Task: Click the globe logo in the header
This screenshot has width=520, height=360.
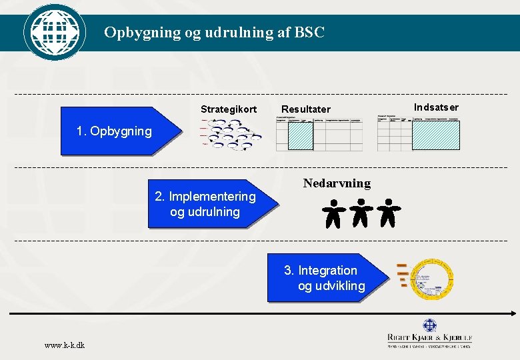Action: click(54, 31)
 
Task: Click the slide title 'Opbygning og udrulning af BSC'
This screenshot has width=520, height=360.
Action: click(214, 32)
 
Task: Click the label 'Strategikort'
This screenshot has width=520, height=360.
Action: click(228, 109)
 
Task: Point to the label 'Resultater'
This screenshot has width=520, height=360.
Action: click(305, 109)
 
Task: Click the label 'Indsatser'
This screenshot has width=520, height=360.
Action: click(436, 107)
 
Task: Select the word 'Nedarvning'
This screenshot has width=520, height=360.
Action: click(337, 183)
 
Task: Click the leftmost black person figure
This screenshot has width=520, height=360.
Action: click(333, 213)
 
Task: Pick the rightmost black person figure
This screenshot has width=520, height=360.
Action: click(387, 213)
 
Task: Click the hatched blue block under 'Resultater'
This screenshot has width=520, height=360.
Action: click(300, 136)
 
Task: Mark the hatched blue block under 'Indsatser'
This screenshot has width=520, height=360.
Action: click(436, 135)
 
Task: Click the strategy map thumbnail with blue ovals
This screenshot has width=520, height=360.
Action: click(231, 134)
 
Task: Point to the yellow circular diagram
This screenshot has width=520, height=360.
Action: click(431, 279)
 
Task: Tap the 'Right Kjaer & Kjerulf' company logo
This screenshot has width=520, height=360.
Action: click(430, 333)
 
